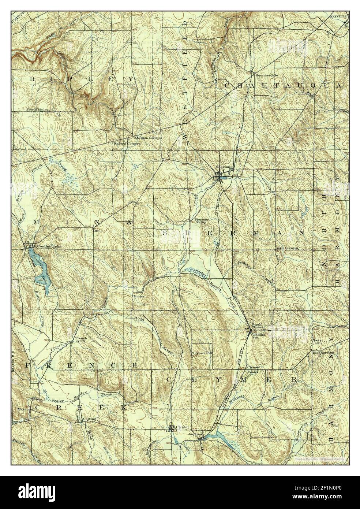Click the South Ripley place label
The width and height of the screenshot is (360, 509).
[x=37, y=109]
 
